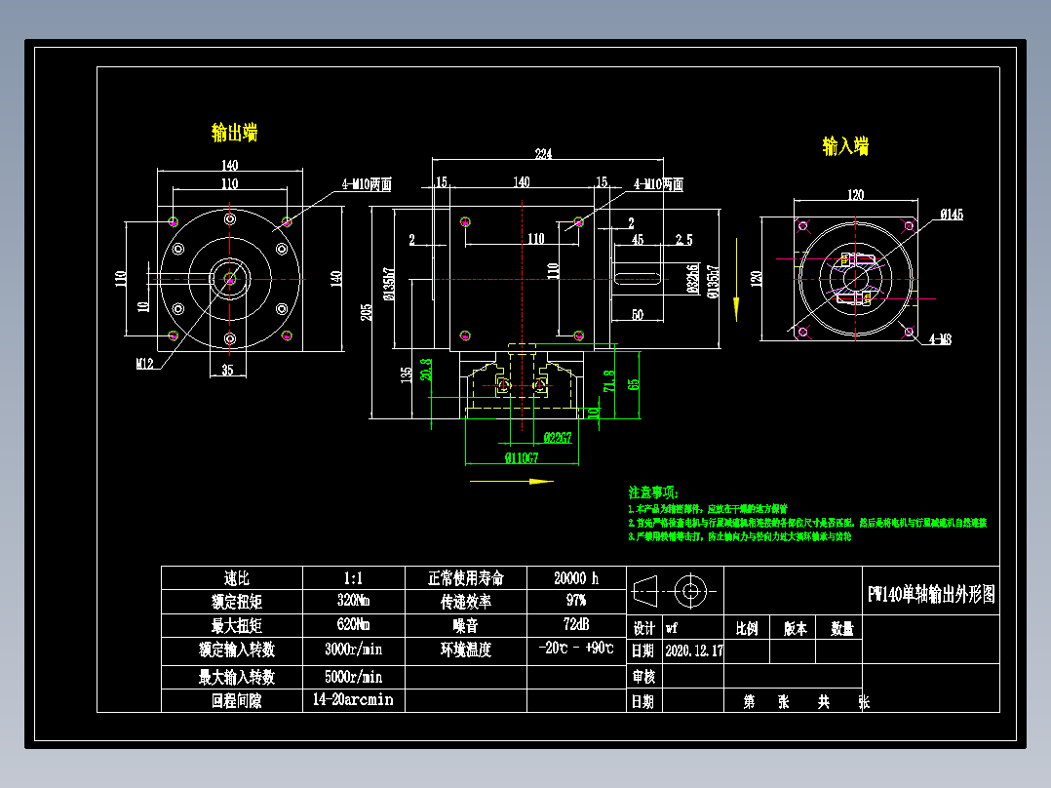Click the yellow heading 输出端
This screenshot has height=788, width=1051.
234,132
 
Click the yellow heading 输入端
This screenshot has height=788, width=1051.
845,146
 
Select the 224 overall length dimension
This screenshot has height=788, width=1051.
543,154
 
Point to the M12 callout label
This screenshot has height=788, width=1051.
145,363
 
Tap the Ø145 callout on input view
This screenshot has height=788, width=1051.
951,215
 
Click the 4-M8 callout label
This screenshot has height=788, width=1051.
940,339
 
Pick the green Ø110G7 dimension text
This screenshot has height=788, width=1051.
522,456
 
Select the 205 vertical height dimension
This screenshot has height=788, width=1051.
367,311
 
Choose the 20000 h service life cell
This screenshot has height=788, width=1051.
575,577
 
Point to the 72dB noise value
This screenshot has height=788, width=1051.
575,624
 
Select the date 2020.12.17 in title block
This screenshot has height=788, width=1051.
693,650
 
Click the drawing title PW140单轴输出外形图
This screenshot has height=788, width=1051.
932,595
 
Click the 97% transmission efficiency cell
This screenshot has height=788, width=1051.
575,601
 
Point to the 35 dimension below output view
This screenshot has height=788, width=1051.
227,370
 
